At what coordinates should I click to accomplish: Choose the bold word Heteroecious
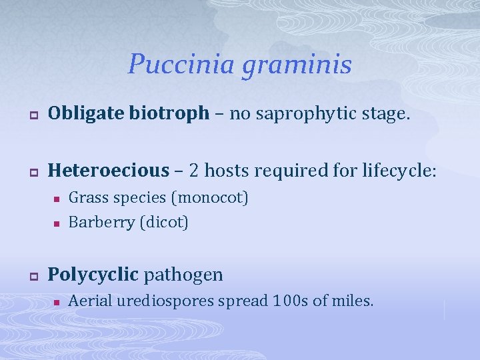[x=109, y=171]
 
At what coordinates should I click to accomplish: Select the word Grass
[x=87, y=198]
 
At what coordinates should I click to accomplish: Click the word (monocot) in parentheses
[x=210, y=198]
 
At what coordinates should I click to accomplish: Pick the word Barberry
[x=101, y=223]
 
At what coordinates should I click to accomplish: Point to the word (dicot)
[x=164, y=223]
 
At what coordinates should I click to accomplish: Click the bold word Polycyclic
[x=93, y=274]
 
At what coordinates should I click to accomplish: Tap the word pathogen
[x=183, y=274]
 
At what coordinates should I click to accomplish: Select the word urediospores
[x=169, y=301]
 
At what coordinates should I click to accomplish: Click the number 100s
[x=291, y=301]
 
